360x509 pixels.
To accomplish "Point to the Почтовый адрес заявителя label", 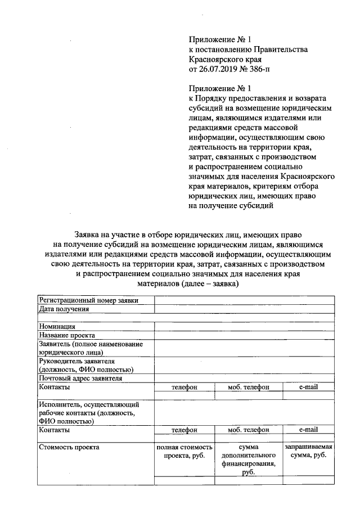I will click(x=80, y=379).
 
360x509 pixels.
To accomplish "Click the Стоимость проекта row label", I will click(x=69, y=447).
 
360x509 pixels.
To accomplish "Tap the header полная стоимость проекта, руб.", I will click(x=184, y=452).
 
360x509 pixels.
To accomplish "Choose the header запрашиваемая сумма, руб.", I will click(x=308, y=451).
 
